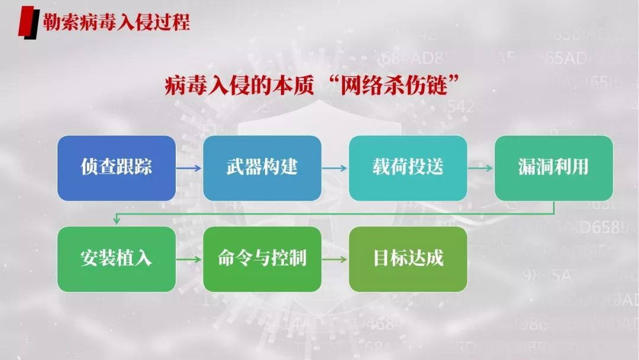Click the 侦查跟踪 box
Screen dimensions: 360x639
pyautogui.click(x=117, y=168)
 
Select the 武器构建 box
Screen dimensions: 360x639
pyautogui.click(x=262, y=168)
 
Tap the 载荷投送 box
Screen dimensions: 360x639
pyautogui.click(x=408, y=168)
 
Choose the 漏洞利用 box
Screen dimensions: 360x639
pyautogui.click(x=553, y=168)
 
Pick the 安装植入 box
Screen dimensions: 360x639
pyautogui.click(x=117, y=259)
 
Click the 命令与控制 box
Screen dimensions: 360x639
pyautogui.click(x=262, y=259)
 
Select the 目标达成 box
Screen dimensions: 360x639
pyautogui.click(x=408, y=259)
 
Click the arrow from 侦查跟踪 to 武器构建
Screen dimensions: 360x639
pyautogui.click(x=189, y=168)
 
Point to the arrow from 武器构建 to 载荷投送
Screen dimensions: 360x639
pyautogui.click(x=335, y=168)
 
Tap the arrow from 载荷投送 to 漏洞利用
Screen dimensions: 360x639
pyautogui.click(x=480, y=168)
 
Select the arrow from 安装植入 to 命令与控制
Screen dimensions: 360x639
pyautogui.click(x=189, y=259)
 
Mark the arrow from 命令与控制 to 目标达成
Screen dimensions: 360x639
pyautogui.click(x=335, y=259)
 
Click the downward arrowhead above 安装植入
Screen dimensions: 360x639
pyautogui.click(x=117, y=221)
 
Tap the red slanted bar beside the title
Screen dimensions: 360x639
pyautogui.click(x=27, y=22)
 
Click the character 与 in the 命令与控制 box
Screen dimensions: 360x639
pyautogui.click(x=262, y=259)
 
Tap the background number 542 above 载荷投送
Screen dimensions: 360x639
pyautogui.click(x=459, y=107)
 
